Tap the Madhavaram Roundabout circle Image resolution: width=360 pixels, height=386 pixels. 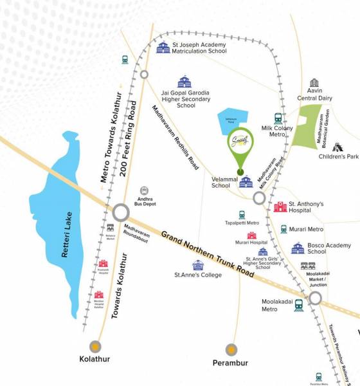point(121,213)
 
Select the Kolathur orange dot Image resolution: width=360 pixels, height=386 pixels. point(96,346)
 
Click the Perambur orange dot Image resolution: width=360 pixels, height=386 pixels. point(231,349)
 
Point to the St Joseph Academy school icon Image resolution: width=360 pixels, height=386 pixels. point(163,47)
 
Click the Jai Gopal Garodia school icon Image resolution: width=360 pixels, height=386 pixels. point(184,81)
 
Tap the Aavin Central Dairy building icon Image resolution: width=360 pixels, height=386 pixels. point(314,83)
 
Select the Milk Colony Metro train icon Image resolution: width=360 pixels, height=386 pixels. point(278,118)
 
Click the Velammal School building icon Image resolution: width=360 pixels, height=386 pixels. point(246,182)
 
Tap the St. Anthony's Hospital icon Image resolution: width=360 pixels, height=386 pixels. point(280,207)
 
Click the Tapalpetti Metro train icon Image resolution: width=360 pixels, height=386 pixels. point(242,215)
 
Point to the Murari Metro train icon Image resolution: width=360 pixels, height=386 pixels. point(283,229)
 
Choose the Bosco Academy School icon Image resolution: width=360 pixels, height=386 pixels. point(298,248)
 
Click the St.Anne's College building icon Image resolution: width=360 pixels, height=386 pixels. point(198,265)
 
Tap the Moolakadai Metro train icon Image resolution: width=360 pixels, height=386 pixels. point(299,305)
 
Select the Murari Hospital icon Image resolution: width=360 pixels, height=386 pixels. point(251,235)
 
